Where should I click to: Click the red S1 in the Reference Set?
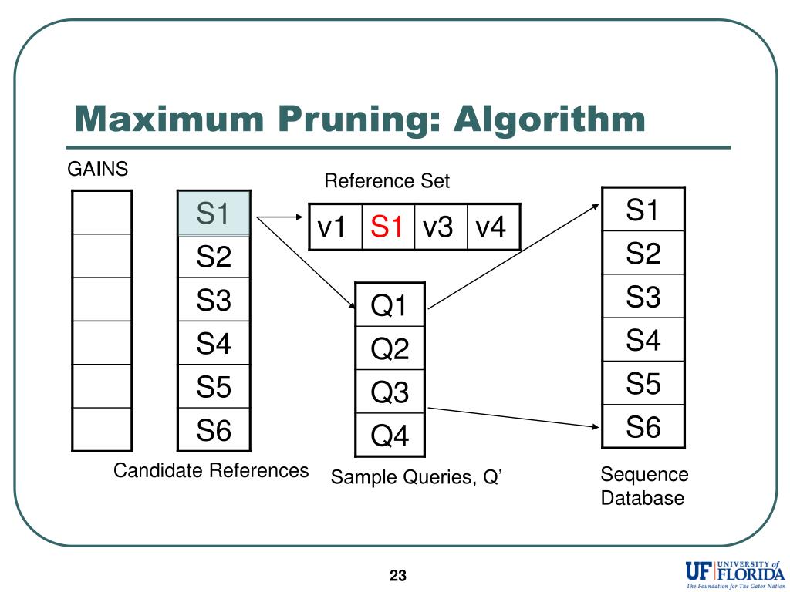tap(387, 227)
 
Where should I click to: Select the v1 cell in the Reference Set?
tap(335, 227)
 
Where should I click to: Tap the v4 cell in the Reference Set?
tap(493, 227)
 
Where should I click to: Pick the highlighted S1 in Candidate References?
tap(214, 213)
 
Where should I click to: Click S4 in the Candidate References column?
tap(214, 343)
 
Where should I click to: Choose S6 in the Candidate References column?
tap(214, 429)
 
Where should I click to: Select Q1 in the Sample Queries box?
tap(390, 305)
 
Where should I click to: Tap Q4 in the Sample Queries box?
tap(390, 435)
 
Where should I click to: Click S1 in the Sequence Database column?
tap(643, 210)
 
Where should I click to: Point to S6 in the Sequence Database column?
tap(643, 425)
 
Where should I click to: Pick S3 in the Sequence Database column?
tap(643, 296)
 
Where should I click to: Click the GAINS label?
tap(98, 169)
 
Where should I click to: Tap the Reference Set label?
tap(387, 180)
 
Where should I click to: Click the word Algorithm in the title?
tap(549, 119)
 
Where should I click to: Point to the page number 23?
tap(398, 575)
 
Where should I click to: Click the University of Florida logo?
tap(735, 573)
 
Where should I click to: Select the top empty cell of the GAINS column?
tap(102, 213)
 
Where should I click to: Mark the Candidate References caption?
tap(211, 470)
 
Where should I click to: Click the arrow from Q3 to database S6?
tap(513, 418)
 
